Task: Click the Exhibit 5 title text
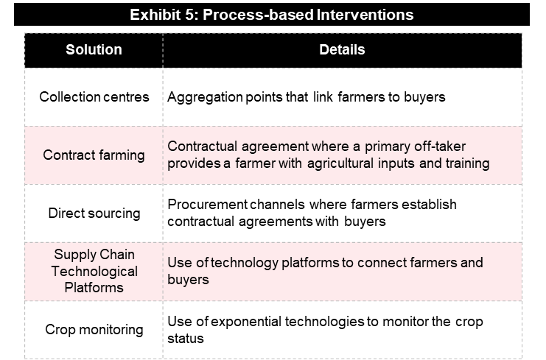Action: [x=272, y=15]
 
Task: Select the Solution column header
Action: [x=94, y=50]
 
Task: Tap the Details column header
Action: [x=342, y=50]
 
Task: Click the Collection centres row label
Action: [x=94, y=96]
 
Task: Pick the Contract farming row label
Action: [x=94, y=155]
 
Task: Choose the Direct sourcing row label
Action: [x=94, y=213]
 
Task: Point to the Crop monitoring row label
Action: [x=94, y=330]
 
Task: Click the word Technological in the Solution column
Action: [x=94, y=272]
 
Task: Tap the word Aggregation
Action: [x=205, y=97]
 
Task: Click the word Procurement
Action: [x=208, y=205]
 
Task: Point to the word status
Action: [x=186, y=339]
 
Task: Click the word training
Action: [x=468, y=163]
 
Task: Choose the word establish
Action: [x=429, y=205]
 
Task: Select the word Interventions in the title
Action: [x=365, y=15]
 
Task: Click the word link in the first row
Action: [x=323, y=97]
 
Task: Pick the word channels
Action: [x=277, y=205]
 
